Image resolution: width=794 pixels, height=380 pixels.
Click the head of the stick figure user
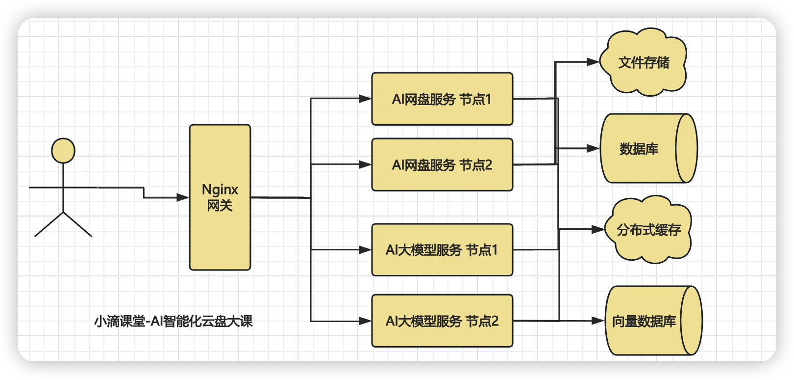tap(63, 150)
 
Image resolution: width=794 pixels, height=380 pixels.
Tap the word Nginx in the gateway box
tap(220, 190)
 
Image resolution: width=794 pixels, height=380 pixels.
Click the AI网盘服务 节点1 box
tap(442, 99)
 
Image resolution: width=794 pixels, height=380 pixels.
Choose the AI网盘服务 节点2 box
tap(442, 165)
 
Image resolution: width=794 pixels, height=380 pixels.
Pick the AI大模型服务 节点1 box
tap(442, 250)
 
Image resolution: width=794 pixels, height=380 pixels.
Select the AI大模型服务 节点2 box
tap(442, 321)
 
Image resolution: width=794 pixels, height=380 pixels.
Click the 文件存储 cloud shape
tap(644, 62)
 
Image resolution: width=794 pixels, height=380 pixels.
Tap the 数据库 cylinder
tap(639, 149)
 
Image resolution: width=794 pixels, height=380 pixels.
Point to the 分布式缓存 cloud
tap(649, 230)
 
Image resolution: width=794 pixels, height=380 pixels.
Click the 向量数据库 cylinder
tap(644, 321)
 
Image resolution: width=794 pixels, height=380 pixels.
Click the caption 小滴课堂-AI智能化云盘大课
tap(174, 322)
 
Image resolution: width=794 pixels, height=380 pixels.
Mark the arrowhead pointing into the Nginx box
tap(183, 198)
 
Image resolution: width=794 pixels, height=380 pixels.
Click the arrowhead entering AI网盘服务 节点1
tap(366, 99)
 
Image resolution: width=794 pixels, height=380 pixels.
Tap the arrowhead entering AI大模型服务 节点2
tap(366, 321)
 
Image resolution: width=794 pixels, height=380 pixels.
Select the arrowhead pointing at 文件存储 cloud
tap(593, 62)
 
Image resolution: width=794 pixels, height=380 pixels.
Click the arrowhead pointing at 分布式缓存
tap(598, 229)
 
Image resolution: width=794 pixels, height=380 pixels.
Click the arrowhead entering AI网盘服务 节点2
tap(366, 164)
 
